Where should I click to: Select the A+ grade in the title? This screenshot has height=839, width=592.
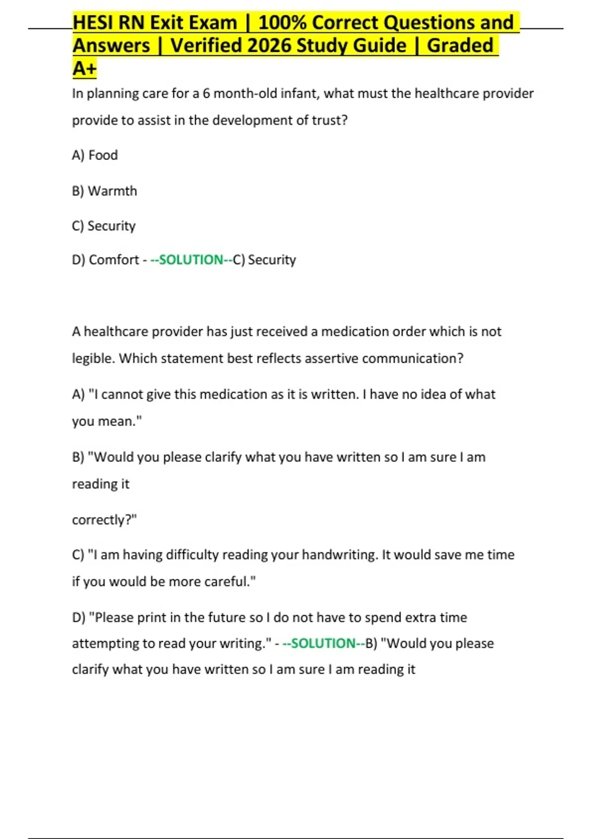tap(84, 69)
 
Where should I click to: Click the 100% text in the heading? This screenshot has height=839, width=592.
tap(282, 23)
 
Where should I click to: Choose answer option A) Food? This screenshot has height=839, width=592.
tap(95, 155)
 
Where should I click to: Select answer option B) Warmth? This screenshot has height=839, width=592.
tap(104, 191)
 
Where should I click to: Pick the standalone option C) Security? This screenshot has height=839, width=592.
tap(104, 226)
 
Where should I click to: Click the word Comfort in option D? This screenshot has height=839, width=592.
tap(114, 260)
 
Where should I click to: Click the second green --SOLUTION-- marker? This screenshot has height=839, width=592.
tap(324, 644)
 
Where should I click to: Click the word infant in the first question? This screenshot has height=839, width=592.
tap(299, 94)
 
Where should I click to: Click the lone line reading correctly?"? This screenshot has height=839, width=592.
tap(104, 520)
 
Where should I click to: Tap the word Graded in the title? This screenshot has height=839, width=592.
tap(460, 46)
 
